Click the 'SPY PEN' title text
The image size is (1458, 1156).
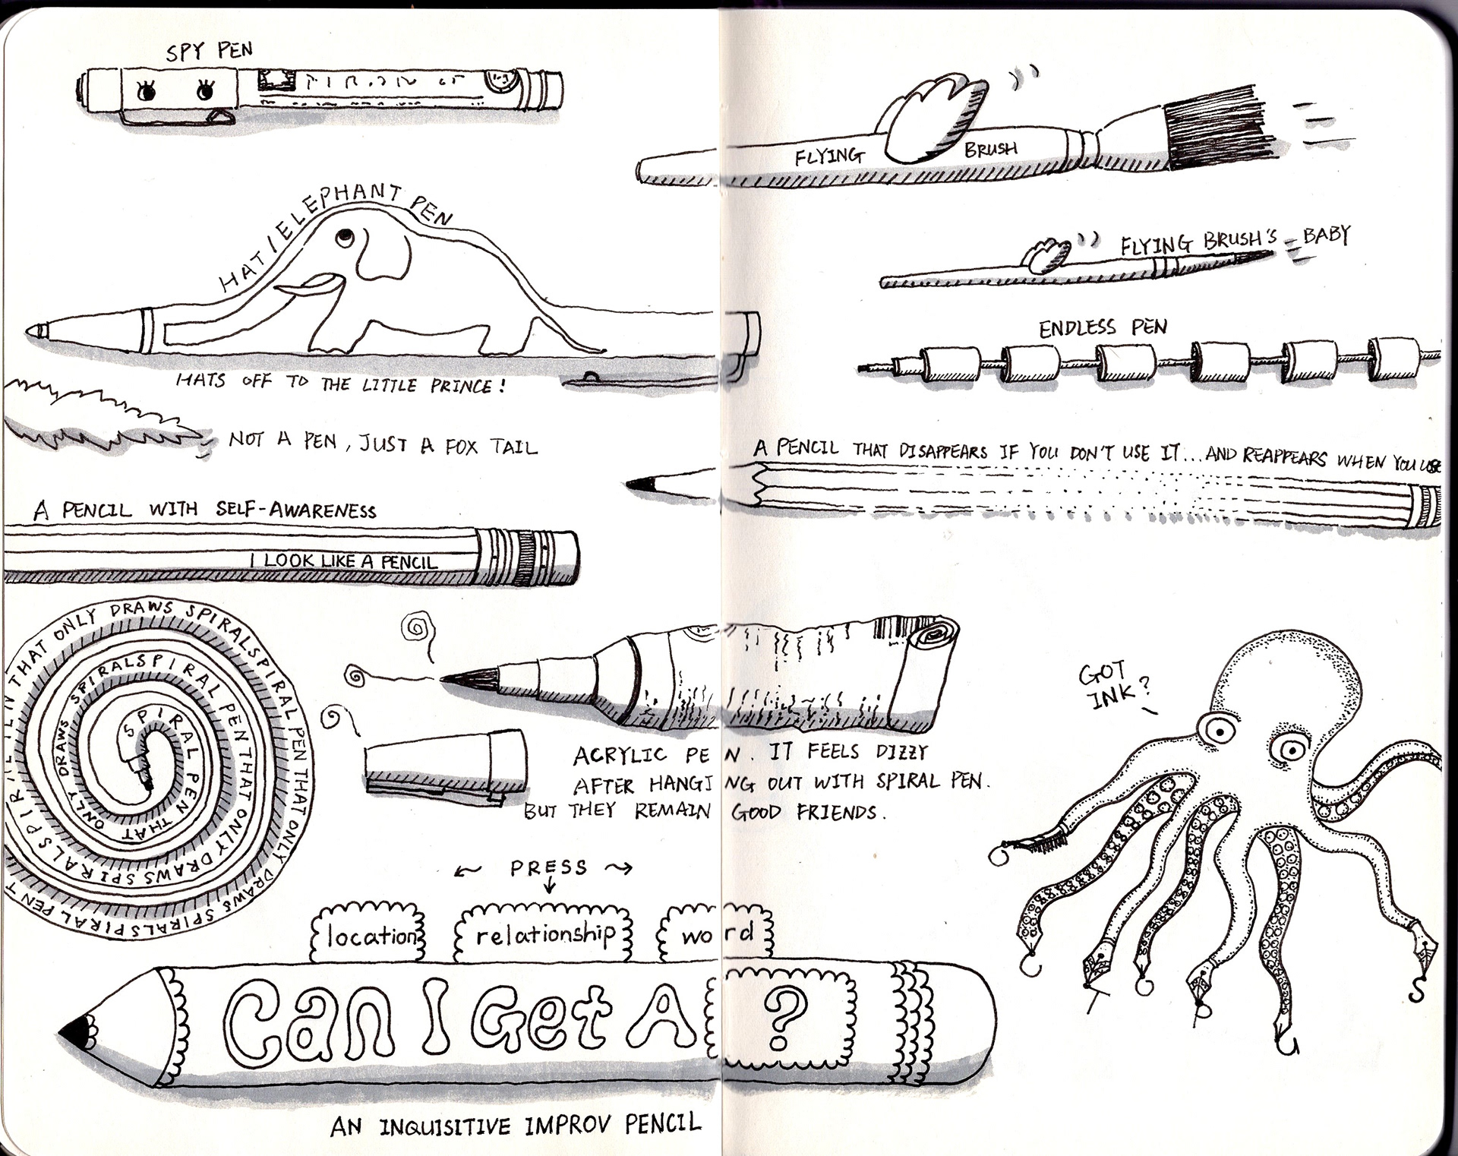coord(209,51)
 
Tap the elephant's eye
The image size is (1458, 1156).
coord(345,237)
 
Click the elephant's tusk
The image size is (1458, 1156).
coord(304,288)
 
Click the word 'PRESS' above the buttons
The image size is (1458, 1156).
coord(548,867)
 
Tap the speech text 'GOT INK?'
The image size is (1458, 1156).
coord(1113,684)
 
